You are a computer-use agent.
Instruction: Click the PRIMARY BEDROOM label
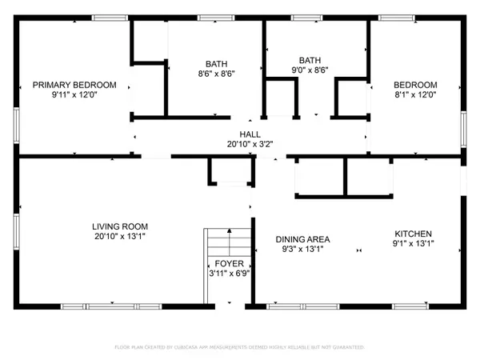pos(74,85)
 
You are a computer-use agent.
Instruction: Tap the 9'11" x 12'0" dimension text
pos(74,95)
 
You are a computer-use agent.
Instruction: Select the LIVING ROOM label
pos(119,226)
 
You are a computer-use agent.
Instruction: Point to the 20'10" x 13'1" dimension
pos(119,237)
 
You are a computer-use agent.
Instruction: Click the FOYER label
pos(228,263)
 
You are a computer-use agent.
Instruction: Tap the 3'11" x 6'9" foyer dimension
pos(228,274)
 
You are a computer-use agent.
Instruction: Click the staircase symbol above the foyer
pos(228,242)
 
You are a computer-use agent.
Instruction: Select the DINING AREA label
pos(302,239)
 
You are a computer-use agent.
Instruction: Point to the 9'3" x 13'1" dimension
pos(302,250)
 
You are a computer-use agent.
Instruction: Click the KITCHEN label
pos(413,233)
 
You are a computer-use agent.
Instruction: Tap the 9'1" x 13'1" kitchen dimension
pos(413,243)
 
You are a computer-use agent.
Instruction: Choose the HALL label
pos(250,134)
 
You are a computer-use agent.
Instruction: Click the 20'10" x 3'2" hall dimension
pos(250,145)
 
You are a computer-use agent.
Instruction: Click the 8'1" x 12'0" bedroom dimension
pos(414,95)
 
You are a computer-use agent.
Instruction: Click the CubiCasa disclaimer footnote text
pos(240,347)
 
